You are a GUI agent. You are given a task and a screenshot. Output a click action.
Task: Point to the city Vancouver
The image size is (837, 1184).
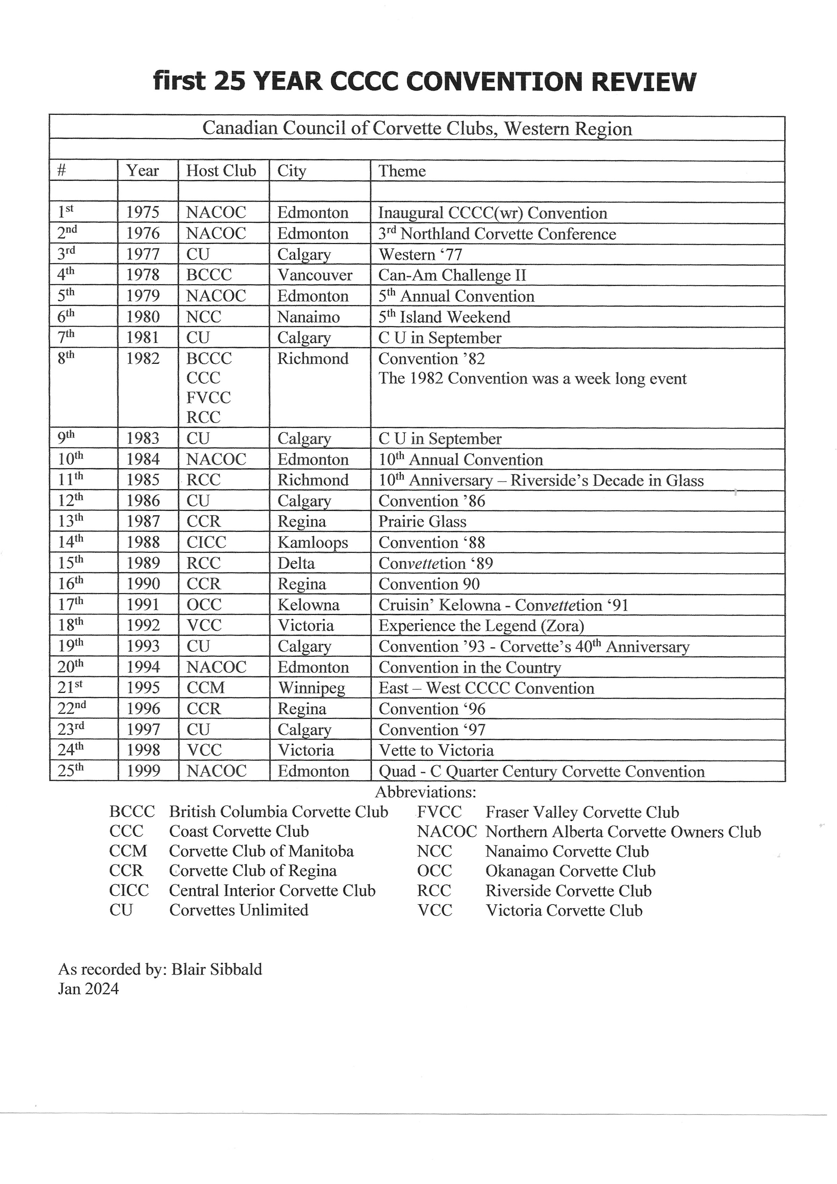click(315, 275)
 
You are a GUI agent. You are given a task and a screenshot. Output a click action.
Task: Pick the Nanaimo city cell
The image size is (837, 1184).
click(308, 317)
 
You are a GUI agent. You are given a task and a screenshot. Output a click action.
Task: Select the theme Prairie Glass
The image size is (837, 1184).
click(422, 521)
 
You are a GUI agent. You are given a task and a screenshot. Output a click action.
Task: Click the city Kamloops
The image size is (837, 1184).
click(313, 542)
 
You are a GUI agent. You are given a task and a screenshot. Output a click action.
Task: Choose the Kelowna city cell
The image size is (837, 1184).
click(308, 605)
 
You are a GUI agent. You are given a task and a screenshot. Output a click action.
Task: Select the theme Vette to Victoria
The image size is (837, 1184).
click(436, 750)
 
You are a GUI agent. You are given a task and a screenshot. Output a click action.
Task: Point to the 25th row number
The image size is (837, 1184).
click(70, 771)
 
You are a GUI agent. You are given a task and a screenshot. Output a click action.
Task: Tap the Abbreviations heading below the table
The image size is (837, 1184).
click(426, 792)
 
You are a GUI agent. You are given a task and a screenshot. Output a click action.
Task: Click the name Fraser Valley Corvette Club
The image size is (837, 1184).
click(582, 812)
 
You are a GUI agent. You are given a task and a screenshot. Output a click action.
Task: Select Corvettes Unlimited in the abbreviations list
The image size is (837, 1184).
click(238, 910)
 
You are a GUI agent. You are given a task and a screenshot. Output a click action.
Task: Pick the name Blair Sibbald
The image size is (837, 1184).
click(217, 969)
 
